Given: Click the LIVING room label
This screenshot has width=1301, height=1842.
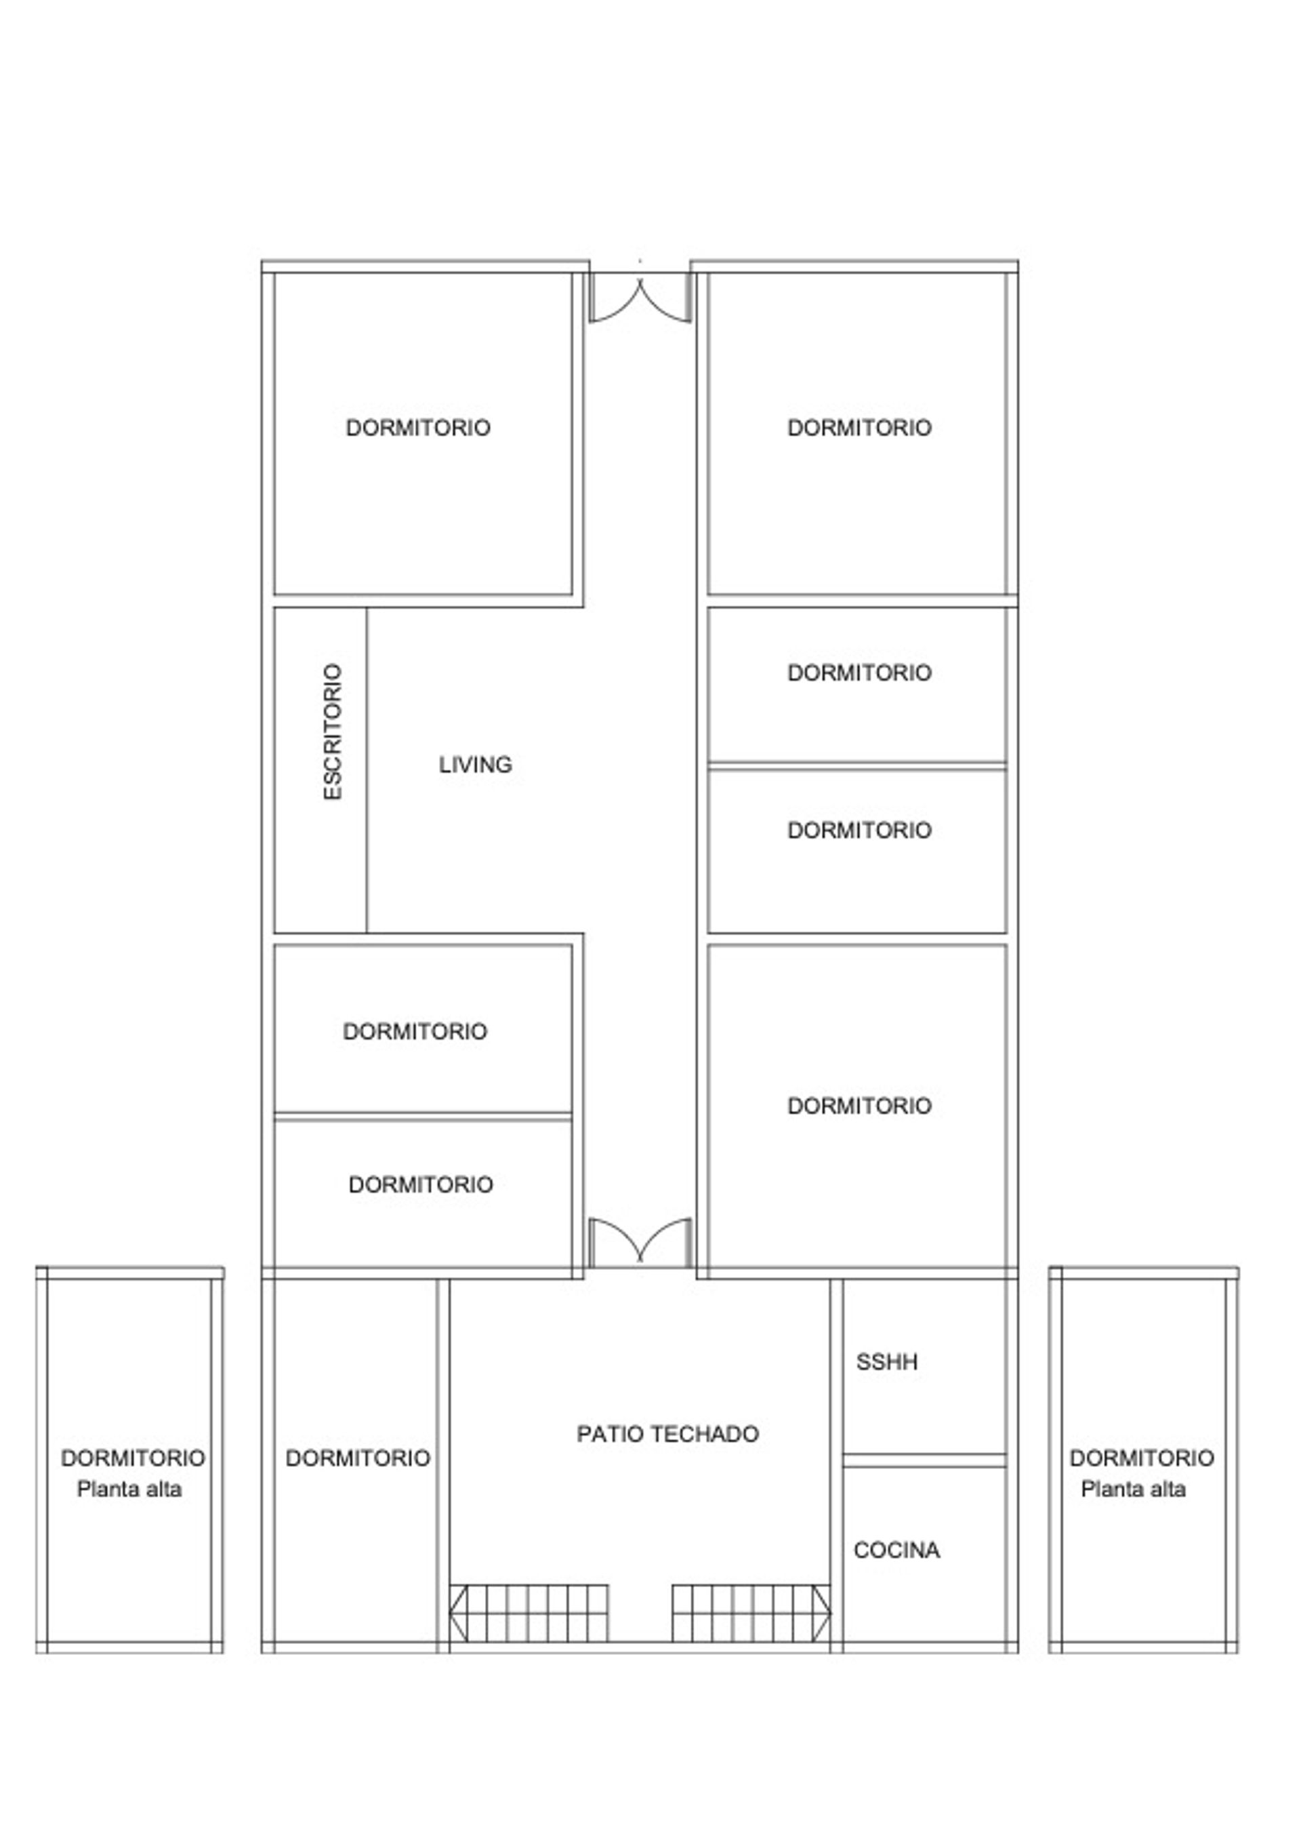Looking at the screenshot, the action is coord(475,765).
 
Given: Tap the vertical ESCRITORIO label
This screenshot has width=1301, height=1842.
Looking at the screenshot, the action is coord(332,732).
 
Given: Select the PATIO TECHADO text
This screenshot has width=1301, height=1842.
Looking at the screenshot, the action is coord(667,1434).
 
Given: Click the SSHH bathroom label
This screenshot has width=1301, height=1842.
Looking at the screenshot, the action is coord(886,1361).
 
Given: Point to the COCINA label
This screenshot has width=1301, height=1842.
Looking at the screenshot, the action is coord(896,1550).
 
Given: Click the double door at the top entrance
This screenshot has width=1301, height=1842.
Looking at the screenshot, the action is coord(640,298).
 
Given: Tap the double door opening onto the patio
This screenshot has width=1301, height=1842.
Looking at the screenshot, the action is coord(640,1243).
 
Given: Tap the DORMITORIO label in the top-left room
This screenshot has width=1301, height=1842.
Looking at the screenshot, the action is coord(418,428).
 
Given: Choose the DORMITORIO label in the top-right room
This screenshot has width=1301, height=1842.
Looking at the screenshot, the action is coord(859,428).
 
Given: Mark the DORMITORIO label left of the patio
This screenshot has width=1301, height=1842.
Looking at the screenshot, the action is coord(358,1458).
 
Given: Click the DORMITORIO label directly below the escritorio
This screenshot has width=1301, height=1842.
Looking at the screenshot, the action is coord(415,1031).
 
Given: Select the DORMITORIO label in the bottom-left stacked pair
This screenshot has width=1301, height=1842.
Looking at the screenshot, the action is coord(420,1184).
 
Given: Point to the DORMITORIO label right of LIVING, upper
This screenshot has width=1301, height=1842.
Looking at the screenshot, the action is coord(859,673).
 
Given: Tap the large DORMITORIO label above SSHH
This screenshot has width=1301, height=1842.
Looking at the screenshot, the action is coord(859,1106).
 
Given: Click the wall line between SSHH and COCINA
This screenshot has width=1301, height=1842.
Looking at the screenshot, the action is coord(924,1461).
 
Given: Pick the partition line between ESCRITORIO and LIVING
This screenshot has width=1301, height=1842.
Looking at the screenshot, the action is coord(367,770).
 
